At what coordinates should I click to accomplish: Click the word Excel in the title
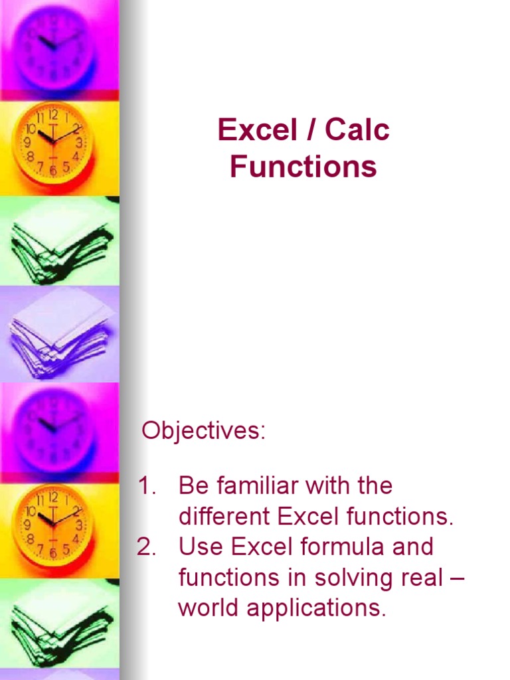click(x=256, y=130)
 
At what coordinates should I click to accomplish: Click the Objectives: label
click(x=203, y=431)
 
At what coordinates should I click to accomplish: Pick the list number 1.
click(x=146, y=486)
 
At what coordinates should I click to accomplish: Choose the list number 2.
click(x=146, y=547)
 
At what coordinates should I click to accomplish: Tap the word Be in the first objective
click(x=191, y=486)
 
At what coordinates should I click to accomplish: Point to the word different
click(x=224, y=517)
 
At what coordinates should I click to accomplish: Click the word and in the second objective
click(x=412, y=547)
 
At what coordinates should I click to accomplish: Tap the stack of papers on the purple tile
click(x=59, y=332)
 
